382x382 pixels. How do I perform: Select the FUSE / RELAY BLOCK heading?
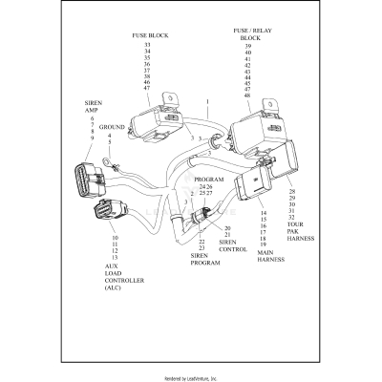[247, 33]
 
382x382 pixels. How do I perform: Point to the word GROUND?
[113, 126]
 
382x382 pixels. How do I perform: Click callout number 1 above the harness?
[207, 100]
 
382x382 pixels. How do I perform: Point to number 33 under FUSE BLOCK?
[147, 45]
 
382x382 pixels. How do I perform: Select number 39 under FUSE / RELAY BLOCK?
[247, 46]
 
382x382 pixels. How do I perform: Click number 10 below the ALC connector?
[115, 237]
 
